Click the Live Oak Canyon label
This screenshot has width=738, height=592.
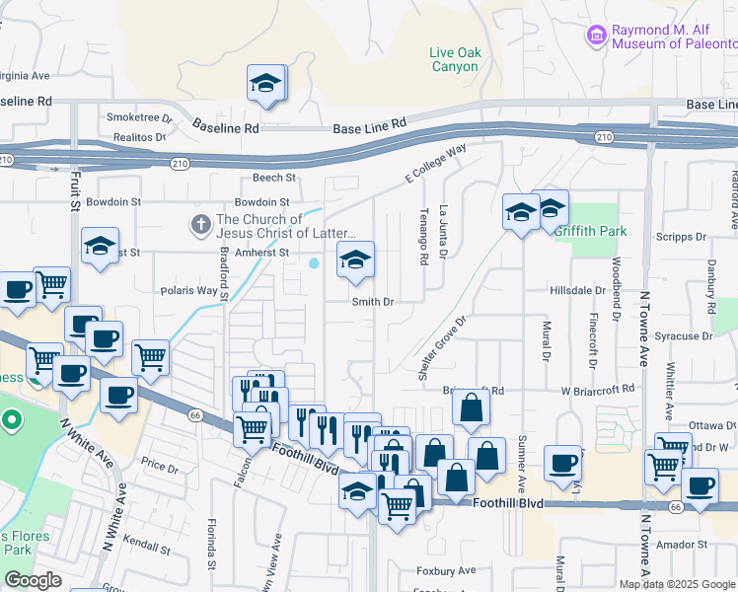tap(454, 59)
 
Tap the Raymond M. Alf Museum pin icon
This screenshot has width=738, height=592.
tap(596, 37)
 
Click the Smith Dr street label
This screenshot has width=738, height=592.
tap(373, 302)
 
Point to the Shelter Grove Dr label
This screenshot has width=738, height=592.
tap(440, 348)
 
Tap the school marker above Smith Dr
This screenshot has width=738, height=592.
tap(355, 260)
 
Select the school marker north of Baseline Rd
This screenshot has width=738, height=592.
tap(265, 84)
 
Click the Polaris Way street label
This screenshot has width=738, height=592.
tap(188, 291)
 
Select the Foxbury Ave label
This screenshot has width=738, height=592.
tap(446, 570)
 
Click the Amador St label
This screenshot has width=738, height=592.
tap(689, 544)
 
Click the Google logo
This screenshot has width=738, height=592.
tap(33, 580)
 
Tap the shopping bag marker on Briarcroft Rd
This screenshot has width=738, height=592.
tap(472, 407)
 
